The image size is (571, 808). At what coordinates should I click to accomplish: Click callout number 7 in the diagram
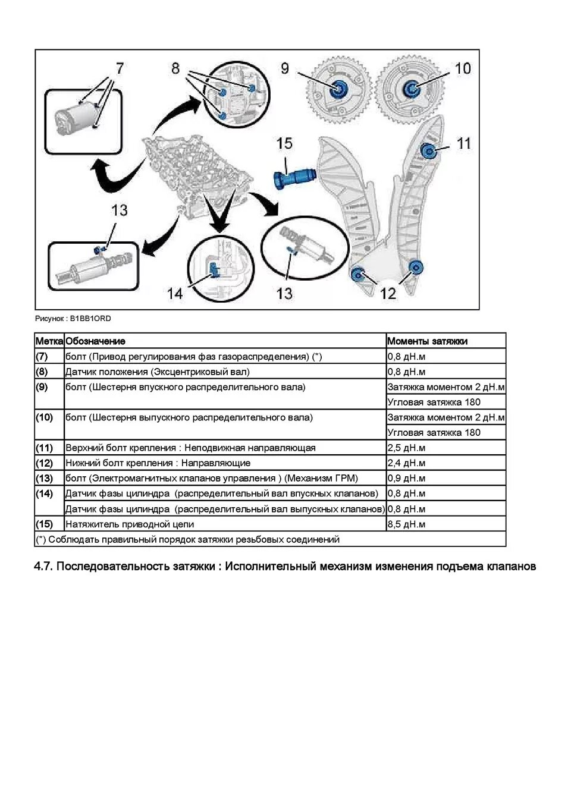[120, 68]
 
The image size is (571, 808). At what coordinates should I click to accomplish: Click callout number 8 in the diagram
[175, 68]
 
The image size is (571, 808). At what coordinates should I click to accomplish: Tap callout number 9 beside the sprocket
[285, 68]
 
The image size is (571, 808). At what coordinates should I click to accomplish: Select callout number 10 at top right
[462, 68]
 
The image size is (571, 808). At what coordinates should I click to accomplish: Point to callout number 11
[463, 143]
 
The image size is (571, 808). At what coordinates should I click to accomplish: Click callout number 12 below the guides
[387, 293]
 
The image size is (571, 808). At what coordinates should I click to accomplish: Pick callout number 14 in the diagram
[175, 293]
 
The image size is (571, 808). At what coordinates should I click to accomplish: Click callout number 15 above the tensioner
[284, 143]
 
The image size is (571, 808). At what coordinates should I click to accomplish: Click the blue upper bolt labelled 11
[427, 150]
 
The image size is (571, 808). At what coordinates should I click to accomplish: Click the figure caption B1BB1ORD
[73, 318]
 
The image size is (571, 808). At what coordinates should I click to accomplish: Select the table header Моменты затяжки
[427, 341]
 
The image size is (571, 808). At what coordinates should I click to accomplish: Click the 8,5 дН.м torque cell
[407, 524]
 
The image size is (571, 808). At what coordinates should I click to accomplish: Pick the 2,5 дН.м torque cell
[407, 448]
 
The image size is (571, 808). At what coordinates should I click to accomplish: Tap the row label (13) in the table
[45, 478]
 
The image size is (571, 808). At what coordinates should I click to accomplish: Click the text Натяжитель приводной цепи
[130, 524]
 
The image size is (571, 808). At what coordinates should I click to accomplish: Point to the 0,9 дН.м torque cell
[407, 478]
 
